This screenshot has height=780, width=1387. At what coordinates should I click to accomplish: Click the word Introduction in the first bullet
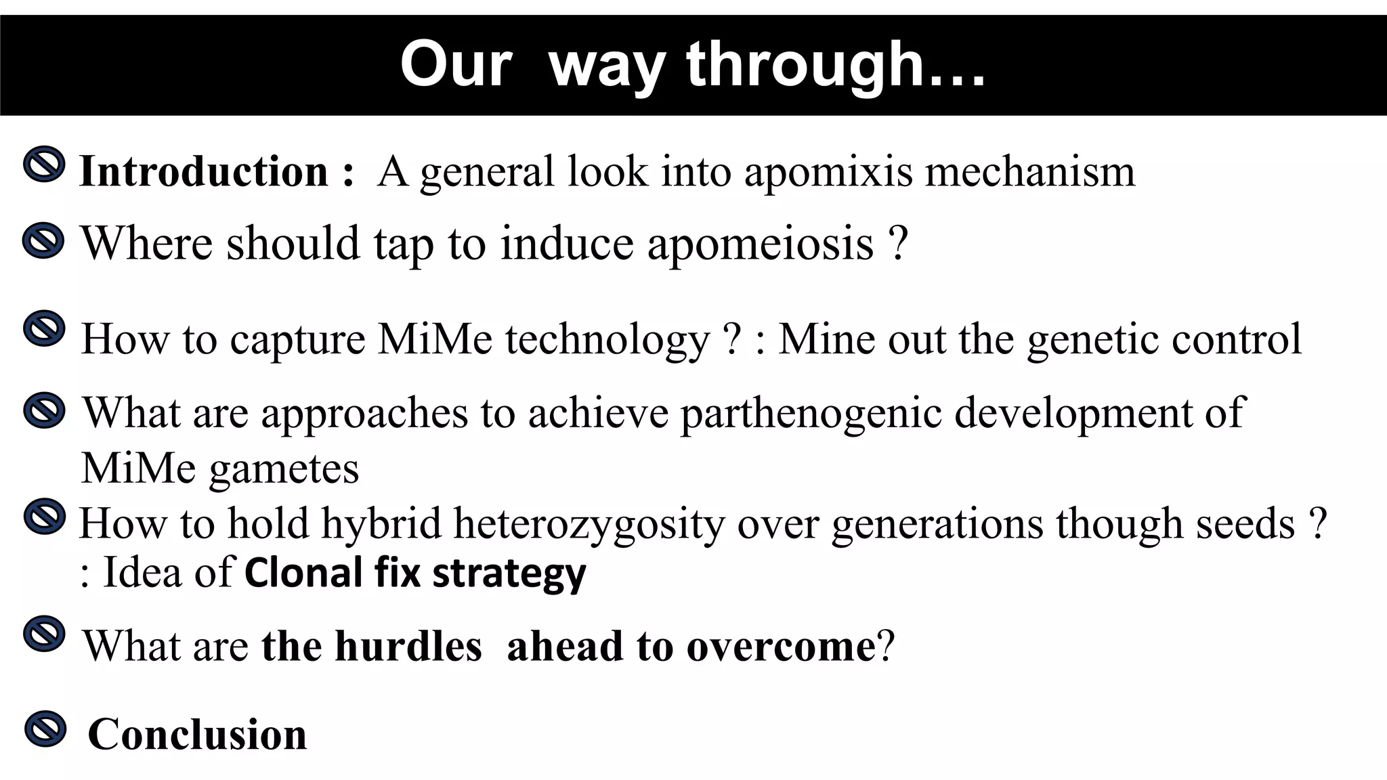coord(203,171)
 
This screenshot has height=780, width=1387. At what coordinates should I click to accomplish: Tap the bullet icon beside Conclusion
coord(45,729)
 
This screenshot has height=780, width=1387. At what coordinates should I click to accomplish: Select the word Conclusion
coord(197,735)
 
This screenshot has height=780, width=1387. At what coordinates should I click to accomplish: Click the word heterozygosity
coord(589,525)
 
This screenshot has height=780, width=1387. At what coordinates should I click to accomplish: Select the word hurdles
coord(408,646)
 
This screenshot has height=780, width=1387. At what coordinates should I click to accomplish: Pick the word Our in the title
coord(456,65)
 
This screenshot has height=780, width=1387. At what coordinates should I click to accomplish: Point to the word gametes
coord(284,469)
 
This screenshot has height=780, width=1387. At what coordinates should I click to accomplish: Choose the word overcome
coord(782,647)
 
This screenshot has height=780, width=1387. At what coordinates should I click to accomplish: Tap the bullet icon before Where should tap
coord(43,240)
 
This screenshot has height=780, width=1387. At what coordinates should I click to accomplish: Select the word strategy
coord(509,574)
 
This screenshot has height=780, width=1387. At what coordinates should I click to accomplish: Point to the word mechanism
coord(1029,171)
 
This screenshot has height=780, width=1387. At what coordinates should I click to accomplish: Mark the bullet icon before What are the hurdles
coord(45,634)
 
